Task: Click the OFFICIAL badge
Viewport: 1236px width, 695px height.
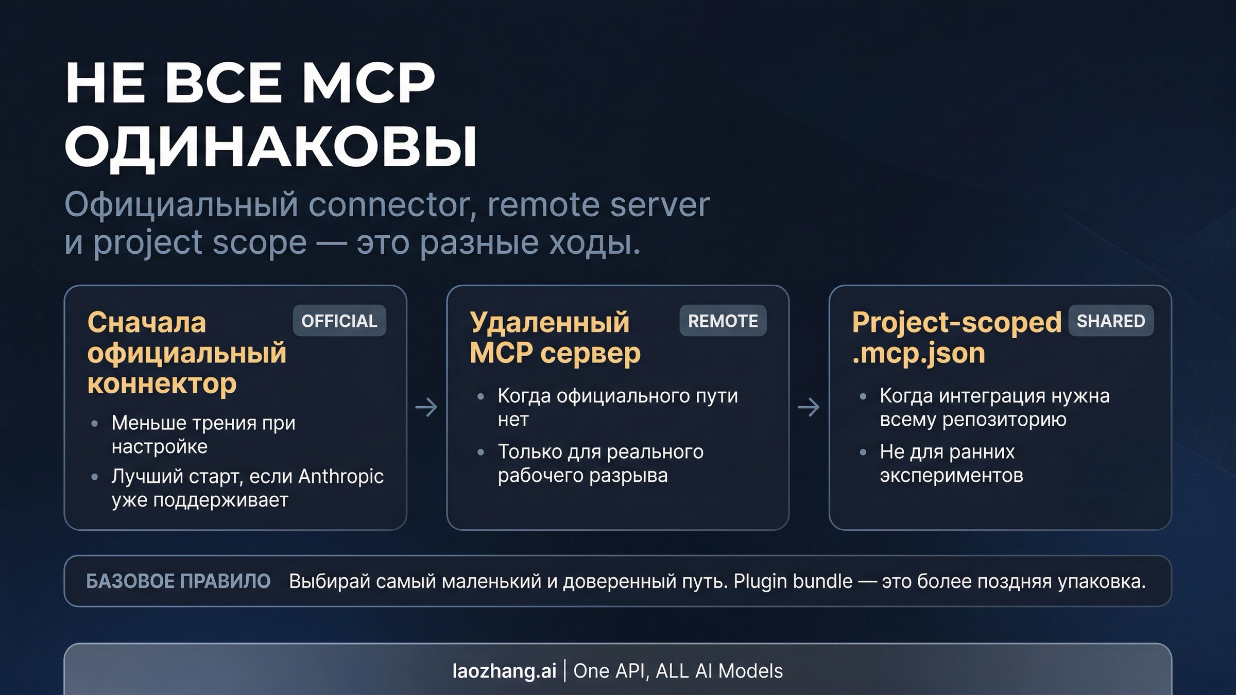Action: pyautogui.click(x=339, y=321)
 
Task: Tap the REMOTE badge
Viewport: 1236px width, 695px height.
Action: pyautogui.click(x=723, y=321)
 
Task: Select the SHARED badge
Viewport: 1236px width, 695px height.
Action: pyautogui.click(x=1111, y=321)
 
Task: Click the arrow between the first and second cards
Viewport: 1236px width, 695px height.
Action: pyautogui.click(x=426, y=407)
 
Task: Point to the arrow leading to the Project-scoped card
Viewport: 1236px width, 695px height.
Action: pyautogui.click(x=809, y=407)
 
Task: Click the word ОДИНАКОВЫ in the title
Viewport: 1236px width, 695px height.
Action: pyautogui.click(x=271, y=146)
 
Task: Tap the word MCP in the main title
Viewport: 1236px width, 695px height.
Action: pyautogui.click(x=369, y=83)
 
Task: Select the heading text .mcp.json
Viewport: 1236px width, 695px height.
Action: pyautogui.click(x=918, y=353)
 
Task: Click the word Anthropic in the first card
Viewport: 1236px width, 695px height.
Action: pyautogui.click(x=341, y=476)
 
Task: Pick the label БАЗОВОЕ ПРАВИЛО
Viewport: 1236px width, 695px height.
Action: pyautogui.click(x=178, y=581)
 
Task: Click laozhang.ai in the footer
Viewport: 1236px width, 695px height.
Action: pyautogui.click(x=504, y=671)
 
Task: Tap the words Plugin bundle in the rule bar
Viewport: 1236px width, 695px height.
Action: pyautogui.click(x=793, y=581)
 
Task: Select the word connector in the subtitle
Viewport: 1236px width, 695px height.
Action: pyautogui.click(x=389, y=205)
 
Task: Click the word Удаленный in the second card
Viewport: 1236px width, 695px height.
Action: pyautogui.click(x=550, y=322)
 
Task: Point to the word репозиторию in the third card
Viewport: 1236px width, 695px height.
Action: pyautogui.click(x=1004, y=420)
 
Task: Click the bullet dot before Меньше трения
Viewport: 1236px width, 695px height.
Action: pyautogui.click(x=94, y=424)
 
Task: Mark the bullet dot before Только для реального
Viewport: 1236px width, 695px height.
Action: pyautogui.click(x=480, y=453)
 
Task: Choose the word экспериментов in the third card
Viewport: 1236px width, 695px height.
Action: pyautogui.click(x=951, y=475)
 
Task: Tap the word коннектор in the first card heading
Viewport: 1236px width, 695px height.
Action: pyautogui.click(x=162, y=384)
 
